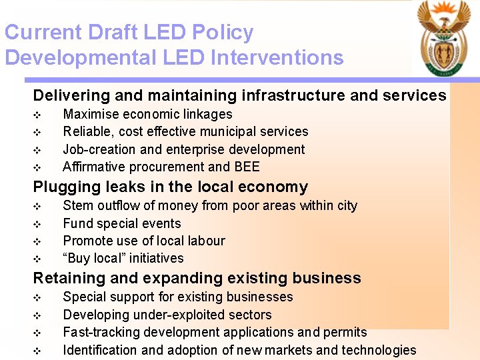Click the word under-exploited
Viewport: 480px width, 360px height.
tap(168, 315)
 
